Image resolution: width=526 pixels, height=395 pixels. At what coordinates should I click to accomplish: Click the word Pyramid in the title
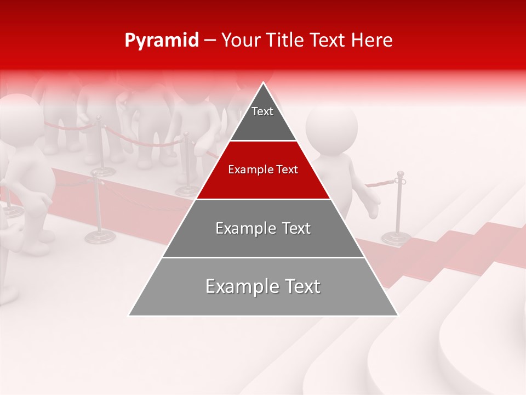pos(161,41)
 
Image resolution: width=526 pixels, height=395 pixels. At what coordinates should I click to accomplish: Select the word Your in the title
pos(241,41)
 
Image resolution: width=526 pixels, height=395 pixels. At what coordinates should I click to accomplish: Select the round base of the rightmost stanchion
pos(396,238)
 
